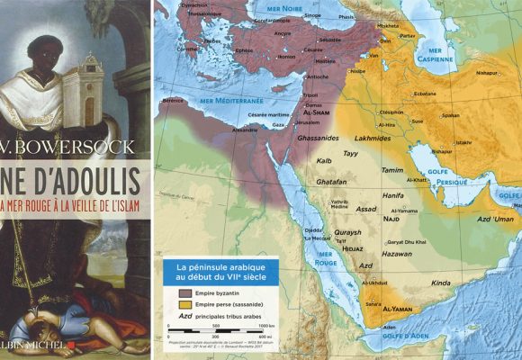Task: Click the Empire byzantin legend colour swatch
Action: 189,292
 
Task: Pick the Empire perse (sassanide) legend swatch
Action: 189,304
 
